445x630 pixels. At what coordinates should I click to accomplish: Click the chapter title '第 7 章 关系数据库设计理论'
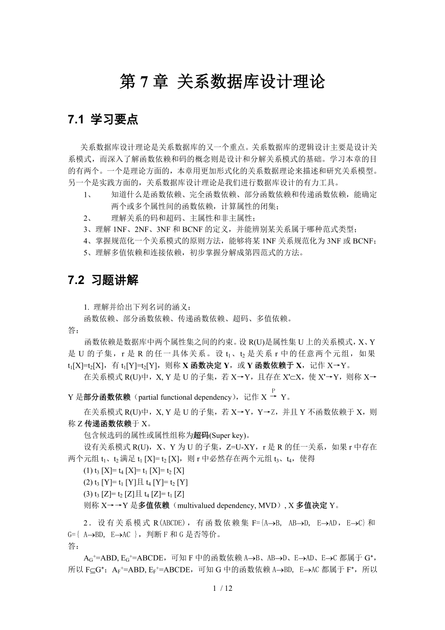[x=222, y=82]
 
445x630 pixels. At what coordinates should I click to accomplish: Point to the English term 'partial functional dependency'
[x=185, y=397]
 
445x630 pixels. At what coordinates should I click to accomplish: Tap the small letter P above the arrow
[x=273, y=390]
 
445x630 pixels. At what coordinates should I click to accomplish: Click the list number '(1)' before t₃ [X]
[x=89, y=470]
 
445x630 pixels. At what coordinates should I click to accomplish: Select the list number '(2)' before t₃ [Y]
[x=89, y=482]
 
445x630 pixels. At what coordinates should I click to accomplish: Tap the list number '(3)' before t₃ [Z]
[x=89, y=494]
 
